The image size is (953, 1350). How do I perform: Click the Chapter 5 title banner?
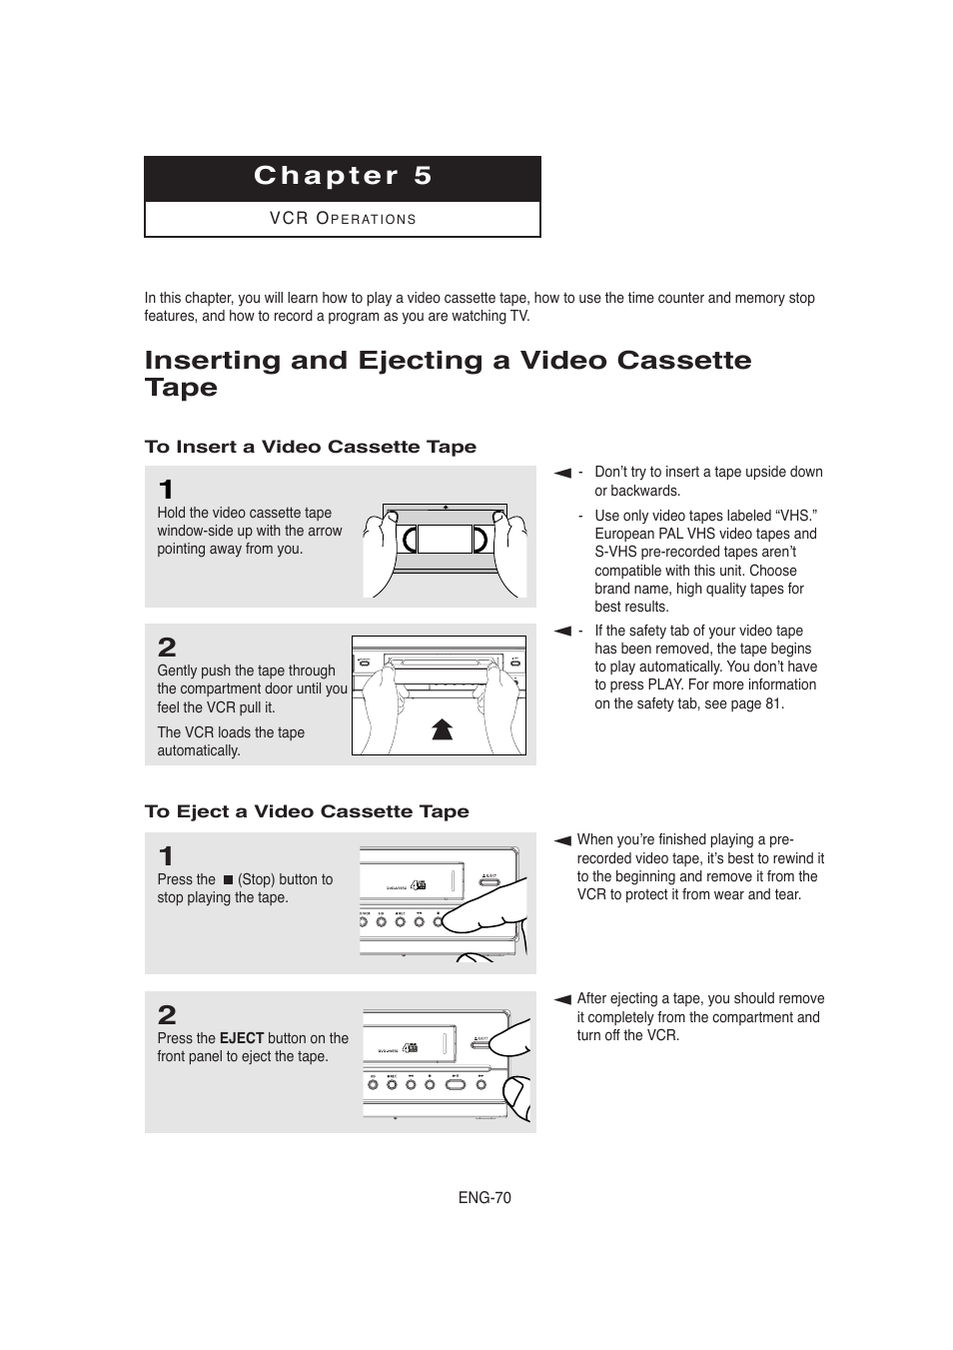coord(343,177)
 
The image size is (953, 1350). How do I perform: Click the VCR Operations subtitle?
coord(343,219)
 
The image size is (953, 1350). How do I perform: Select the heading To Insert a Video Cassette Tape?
coord(310,447)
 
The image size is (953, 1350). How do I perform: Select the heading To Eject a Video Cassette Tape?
coord(307,811)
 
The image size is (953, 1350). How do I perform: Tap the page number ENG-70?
coord(484,1197)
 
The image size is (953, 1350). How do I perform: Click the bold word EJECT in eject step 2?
coord(241,1038)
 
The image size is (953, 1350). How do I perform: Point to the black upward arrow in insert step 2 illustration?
coord(443,728)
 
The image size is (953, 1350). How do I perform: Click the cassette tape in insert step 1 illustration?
coord(445,540)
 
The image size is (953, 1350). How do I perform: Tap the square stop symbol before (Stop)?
coord(228,880)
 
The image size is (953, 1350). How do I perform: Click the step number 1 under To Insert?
coord(166,490)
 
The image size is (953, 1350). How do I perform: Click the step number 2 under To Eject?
coord(167,1015)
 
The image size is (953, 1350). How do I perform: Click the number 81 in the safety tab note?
coord(773,703)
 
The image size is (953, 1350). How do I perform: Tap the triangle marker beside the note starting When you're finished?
coord(562,841)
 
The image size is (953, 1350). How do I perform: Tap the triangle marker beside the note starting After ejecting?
coord(562,999)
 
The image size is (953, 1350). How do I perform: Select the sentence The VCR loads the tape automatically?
coord(230,741)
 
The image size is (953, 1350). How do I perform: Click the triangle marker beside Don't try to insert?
coord(562,473)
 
